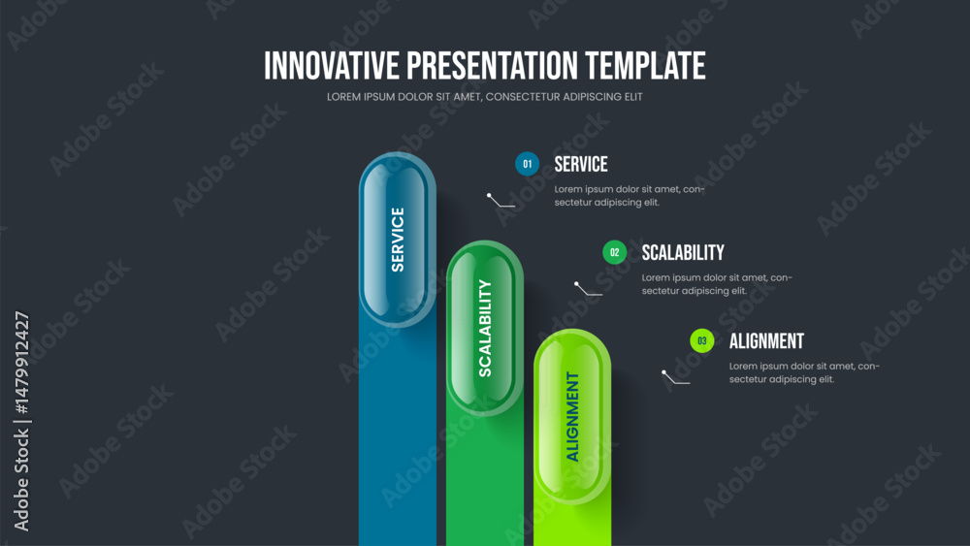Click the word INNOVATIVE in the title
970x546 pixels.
(x=332, y=66)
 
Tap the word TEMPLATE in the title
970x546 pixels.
(x=645, y=66)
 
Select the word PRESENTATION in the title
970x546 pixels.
(x=493, y=66)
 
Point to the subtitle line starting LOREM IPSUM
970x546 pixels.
(x=484, y=96)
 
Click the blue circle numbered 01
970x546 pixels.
(x=527, y=164)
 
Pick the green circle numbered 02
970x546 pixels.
(x=614, y=252)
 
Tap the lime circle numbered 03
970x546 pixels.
(x=701, y=340)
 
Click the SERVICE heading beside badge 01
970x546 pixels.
(x=581, y=164)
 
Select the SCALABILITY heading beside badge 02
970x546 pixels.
(x=683, y=252)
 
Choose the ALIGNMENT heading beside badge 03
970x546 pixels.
(x=766, y=340)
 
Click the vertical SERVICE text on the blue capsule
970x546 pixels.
(x=398, y=240)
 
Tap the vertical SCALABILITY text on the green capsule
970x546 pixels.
(x=485, y=328)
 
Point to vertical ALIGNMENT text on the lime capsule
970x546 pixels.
(x=573, y=416)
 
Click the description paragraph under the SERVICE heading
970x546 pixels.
(x=630, y=195)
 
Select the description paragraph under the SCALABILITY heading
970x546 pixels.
(x=717, y=284)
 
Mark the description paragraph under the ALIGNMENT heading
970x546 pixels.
(x=804, y=372)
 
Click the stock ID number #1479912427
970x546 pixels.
(x=21, y=363)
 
